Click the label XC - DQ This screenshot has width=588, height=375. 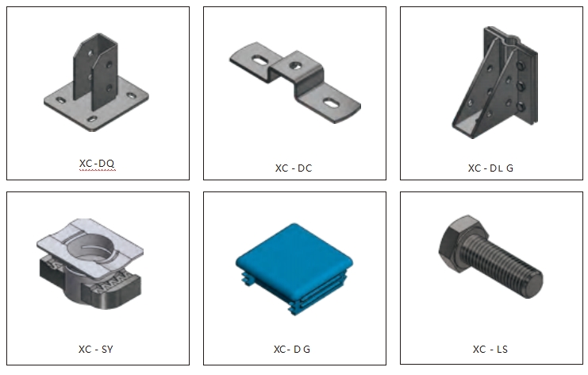click(x=97, y=164)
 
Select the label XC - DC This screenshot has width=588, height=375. click(x=294, y=168)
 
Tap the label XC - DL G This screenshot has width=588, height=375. click(x=490, y=168)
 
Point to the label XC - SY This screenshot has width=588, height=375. click(x=96, y=350)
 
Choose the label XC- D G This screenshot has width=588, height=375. click(x=292, y=350)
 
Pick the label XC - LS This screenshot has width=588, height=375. click(x=490, y=350)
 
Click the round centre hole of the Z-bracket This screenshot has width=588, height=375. click(x=295, y=66)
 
